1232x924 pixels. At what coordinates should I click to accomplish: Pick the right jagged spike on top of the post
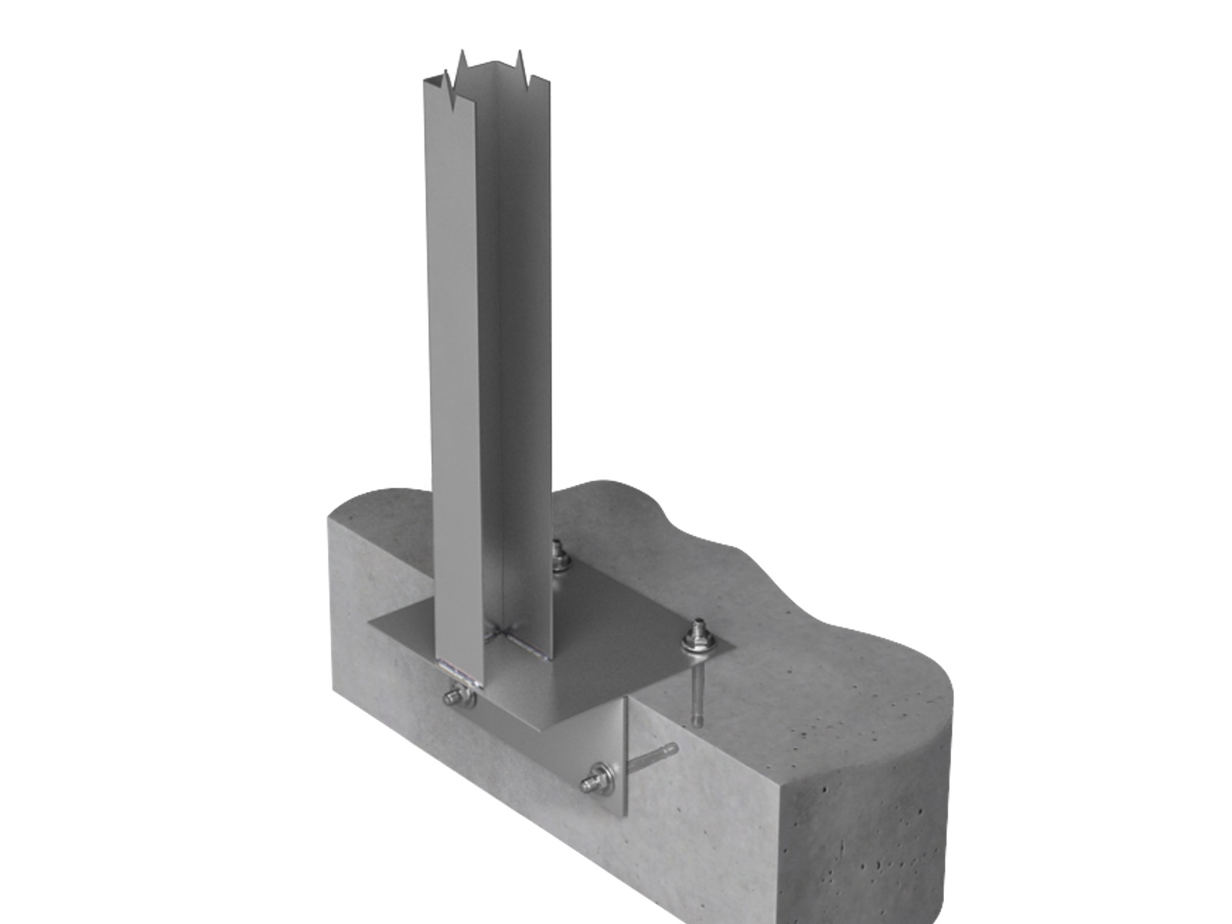521,62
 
